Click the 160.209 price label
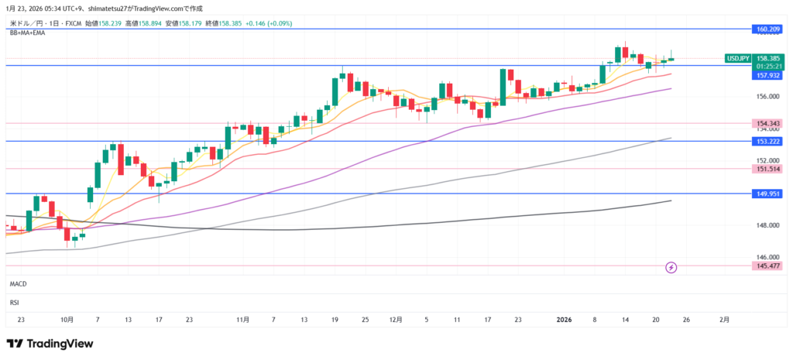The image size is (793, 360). (766, 29)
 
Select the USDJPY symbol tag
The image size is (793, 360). (737, 58)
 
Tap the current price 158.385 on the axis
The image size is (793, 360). (767, 58)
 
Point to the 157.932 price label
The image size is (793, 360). (766, 75)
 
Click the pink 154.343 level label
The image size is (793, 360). (766, 124)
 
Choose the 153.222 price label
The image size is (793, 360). (766, 141)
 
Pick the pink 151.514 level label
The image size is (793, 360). (766, 169)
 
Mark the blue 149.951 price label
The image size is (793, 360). (766, 194)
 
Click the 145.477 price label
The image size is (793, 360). (766, 266)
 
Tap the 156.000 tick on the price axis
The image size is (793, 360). (766, 97)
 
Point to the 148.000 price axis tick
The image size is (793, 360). (766, 225)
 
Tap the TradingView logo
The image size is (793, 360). (50, 343)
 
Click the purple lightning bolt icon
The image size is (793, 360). (671, 267)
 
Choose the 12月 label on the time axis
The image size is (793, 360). (396, 319)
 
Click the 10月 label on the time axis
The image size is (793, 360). (67, 319)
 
